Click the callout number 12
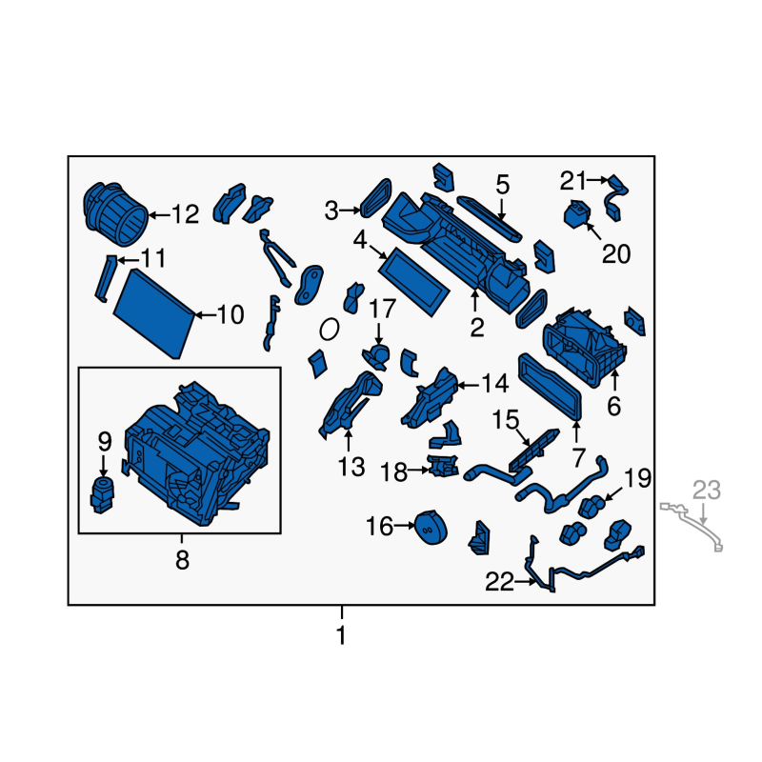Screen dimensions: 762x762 pos(186,214)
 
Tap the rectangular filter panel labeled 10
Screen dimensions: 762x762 pos(154,314)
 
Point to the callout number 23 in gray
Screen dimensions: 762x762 pos(706,491)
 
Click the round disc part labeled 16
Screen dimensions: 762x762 pos(431,528)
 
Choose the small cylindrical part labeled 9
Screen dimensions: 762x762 pos(102,494)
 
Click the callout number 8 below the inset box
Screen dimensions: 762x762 pos(182,560)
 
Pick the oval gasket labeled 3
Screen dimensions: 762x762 pos(376,197)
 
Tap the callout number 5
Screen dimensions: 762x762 pos(503,185)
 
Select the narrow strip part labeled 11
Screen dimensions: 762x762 pos(106,278)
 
